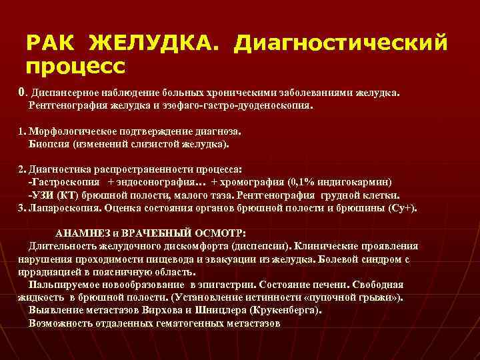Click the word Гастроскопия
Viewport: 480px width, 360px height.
tap(67, 182)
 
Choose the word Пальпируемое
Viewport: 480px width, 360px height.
tap(67, 284)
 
